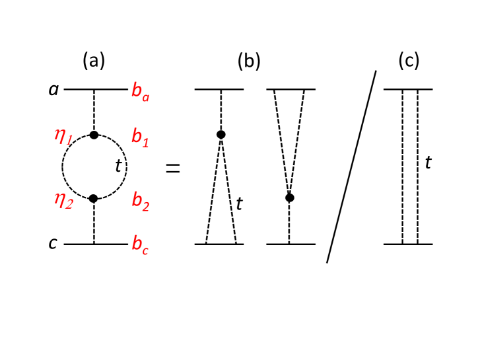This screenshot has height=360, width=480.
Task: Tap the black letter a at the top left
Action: coord(53,89)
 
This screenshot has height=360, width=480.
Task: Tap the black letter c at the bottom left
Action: coord(53,244)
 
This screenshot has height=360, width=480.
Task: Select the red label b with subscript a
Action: coord(141,91)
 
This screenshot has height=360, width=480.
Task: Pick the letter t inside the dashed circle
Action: coord(118,166)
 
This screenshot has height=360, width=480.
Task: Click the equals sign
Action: coord(172,168)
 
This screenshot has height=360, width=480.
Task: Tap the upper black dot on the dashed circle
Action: coord(94,135)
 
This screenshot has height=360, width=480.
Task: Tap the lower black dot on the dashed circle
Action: coord(94,198)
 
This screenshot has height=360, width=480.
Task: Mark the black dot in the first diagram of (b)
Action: coord(221,135)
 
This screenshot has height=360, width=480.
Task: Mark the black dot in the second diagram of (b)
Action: coord(289,198)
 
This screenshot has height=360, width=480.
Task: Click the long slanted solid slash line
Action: coord(351,166)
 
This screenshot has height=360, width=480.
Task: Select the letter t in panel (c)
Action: coord(428,162)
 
